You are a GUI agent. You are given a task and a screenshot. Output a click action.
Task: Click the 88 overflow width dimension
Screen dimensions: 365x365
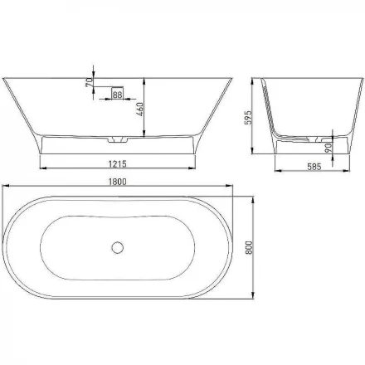[117, 97]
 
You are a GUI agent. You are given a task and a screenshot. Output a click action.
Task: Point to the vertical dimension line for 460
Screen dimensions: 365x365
[144, 108]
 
